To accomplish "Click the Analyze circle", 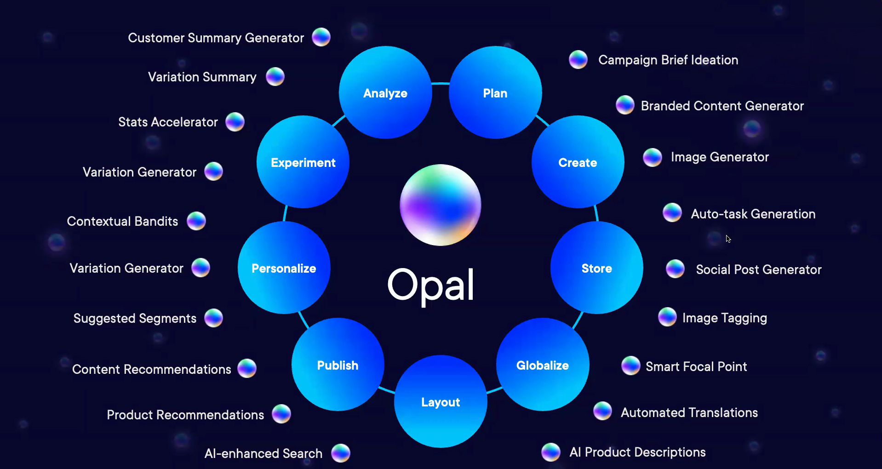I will pyautogui.click(x=385, y=92).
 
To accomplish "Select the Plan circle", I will pyautogui.click(x=495, y=92).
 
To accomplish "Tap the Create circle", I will pyautogui.click(x=578, y=162).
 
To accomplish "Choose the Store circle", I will pyautogui.click(x=596, y=268).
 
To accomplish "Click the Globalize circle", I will pyautogui.click(x=543, y=365).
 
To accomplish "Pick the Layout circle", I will pyautogui.click(x=441, y=401).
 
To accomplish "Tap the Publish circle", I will pyautogui.click(x=338, y=365).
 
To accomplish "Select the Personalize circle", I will pyautogui.click(x=284, y=268).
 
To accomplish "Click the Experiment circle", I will pyautogui.click(x=303, y=162).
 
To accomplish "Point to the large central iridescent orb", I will pyautogui.click(x=441, y=205).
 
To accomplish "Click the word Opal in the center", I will pyautogui.click(x=430, y=285).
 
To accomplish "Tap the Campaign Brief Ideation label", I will pyautogui.click(x=668, y=60).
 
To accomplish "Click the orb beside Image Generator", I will pyautogui.click(x=652, y=157).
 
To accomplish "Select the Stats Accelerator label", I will pyautogui.click(x=168, y=122).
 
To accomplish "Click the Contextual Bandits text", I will pyautogui.click(x=122, y=221).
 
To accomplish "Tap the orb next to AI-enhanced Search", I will pyautogui.click(x=341, y=453).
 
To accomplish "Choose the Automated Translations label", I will pyautogui.click(x=689, y=412).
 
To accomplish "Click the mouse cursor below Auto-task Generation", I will pyautogui.click(x=728, y=239).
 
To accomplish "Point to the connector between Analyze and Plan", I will pyautogui.click(x=441, y=84).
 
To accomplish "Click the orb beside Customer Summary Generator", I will pyautogui.click(x=321, y=37).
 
